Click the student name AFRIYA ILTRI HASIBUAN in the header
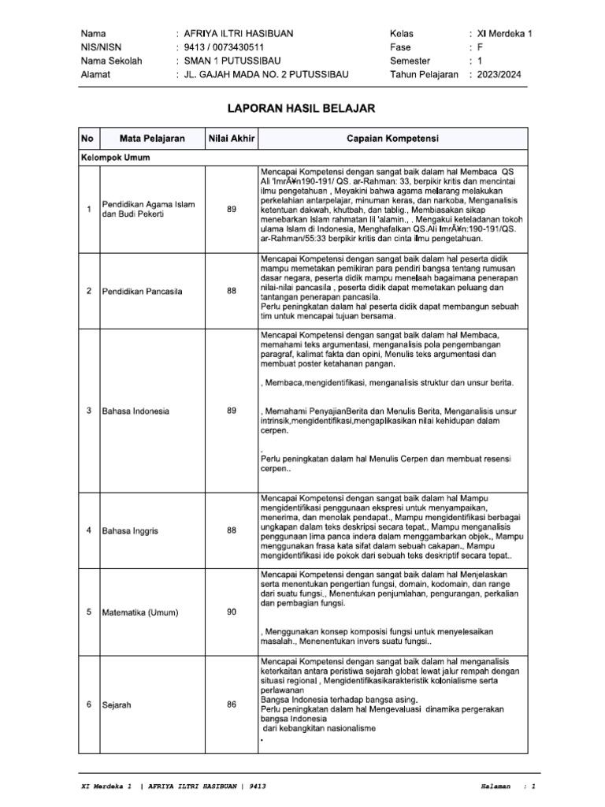pyautogui.click(x=239, y=34)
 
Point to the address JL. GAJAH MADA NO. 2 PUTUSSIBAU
pyautogui.click(x=265, y=74)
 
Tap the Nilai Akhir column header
pyautogui.click(x=231, y=139)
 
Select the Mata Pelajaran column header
pyautogui.click(x=152, y=139)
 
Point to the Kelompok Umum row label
pyautogui.click(x=115, y=158)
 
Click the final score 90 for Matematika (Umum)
pyautogui.click(x=231, y=612)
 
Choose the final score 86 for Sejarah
pyautogui.click(x=231, y=705)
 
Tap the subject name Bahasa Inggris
pyautogui.click(x=130, y=531)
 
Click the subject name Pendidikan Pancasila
pyautogui.click(x=142, y=291)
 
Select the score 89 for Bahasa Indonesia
pyautogui.click(x=231, y=411)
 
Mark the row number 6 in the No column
pyautogui.click(x=88, y=705)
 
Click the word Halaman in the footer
pyautogui.click(x=496, y=787)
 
